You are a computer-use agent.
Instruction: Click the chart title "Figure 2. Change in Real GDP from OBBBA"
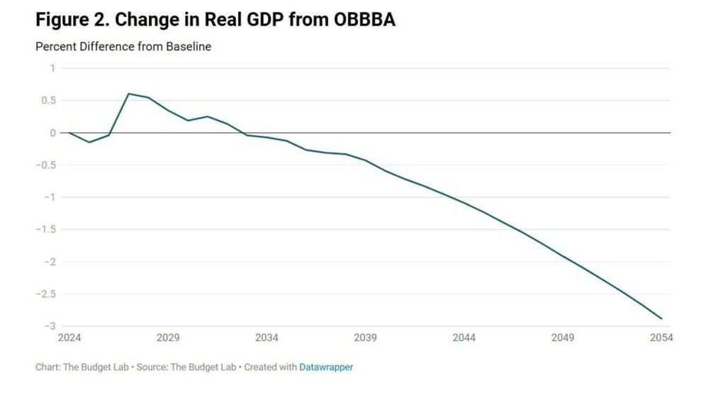coord(215,20)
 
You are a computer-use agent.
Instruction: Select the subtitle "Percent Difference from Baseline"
coord(123,47)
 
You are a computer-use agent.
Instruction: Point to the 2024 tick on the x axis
coord(69,338)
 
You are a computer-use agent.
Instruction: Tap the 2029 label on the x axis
coord(167,338)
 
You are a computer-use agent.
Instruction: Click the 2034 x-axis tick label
coord(267,338)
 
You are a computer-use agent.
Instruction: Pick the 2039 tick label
coord(365,338)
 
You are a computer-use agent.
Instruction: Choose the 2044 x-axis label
coord(464,338)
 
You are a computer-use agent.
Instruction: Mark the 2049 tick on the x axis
coord(562,338)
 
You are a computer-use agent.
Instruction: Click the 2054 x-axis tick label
coord(661,338)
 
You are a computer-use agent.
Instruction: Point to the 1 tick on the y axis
coord(52,68)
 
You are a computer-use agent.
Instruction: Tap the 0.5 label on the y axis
coord(48,101)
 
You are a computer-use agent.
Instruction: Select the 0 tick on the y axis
coord(52,133)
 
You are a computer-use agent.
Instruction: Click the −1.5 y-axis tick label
coord(45,229)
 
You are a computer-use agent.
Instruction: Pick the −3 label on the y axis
coord(49,326)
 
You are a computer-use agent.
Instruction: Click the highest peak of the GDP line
coord(128,94)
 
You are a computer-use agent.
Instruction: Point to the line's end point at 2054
coord(661,319)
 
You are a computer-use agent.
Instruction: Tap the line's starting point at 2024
coord(69,133)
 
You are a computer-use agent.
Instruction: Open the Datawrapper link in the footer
coord(326,367)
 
